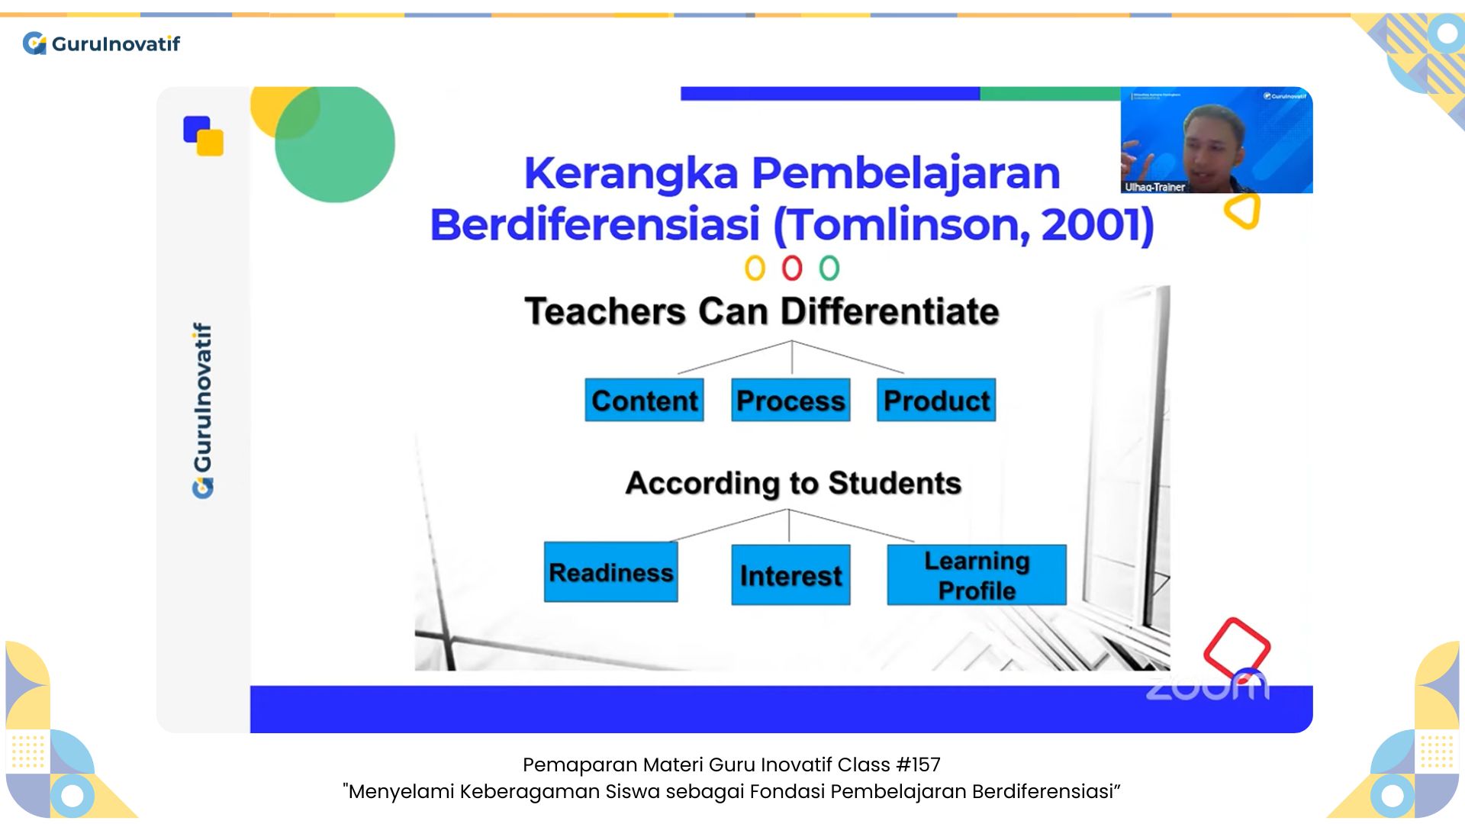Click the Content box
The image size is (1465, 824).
644,400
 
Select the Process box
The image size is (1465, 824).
790,400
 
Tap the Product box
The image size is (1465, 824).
936,400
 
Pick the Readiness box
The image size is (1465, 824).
610,572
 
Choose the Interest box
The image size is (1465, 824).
790,575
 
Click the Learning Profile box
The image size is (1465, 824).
977,575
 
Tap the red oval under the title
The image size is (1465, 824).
792,268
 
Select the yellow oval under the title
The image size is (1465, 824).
755,268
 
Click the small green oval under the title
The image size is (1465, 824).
829,268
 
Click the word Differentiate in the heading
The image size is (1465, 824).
890,311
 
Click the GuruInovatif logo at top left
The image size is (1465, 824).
101,43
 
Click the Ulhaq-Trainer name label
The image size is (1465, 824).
1154,187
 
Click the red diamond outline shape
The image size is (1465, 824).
1236,647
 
